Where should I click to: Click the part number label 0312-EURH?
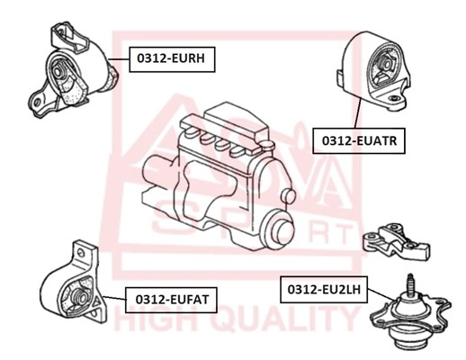[x=172, y=59]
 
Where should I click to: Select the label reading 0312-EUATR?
[x=359, y=141]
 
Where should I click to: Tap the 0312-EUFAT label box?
[x=171, y=300]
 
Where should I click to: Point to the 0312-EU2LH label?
[x=324, y=290]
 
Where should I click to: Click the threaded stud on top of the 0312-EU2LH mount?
[x=410, y=283]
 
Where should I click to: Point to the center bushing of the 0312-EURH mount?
[x=58, y=72]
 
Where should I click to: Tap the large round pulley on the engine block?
[x=277, y=230]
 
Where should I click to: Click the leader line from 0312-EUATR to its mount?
[x=357, y=113]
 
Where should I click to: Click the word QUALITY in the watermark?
[x=284, y=319]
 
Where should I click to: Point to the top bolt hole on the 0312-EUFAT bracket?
[x=80, y=253]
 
